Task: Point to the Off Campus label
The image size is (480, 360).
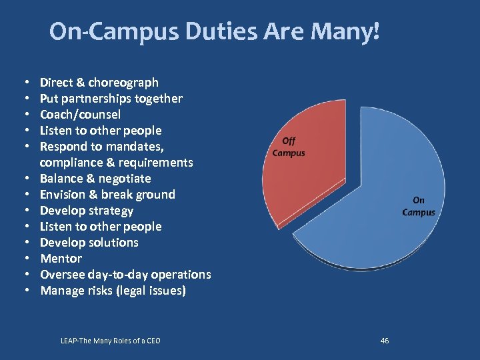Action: pyautogui.click(x=289, y=147)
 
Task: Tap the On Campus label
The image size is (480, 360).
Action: pyautogui.click(x=418, y=206)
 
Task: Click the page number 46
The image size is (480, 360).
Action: pyautogui.click(x=385, y=341)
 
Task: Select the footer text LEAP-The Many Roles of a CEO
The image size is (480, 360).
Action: pyautogui.click(x=110, y=341)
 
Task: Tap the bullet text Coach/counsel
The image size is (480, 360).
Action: pyautogui.click(x=80, y=115)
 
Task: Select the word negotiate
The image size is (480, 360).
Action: pyautogui.click(x=125, y=179)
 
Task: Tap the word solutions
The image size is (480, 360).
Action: pyautogui.click(x=113, y=243)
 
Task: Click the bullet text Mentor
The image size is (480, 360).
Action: pyautogui.click(x=61, y=259)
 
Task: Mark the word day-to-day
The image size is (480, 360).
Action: pyautogui.click(x=122, y=275)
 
